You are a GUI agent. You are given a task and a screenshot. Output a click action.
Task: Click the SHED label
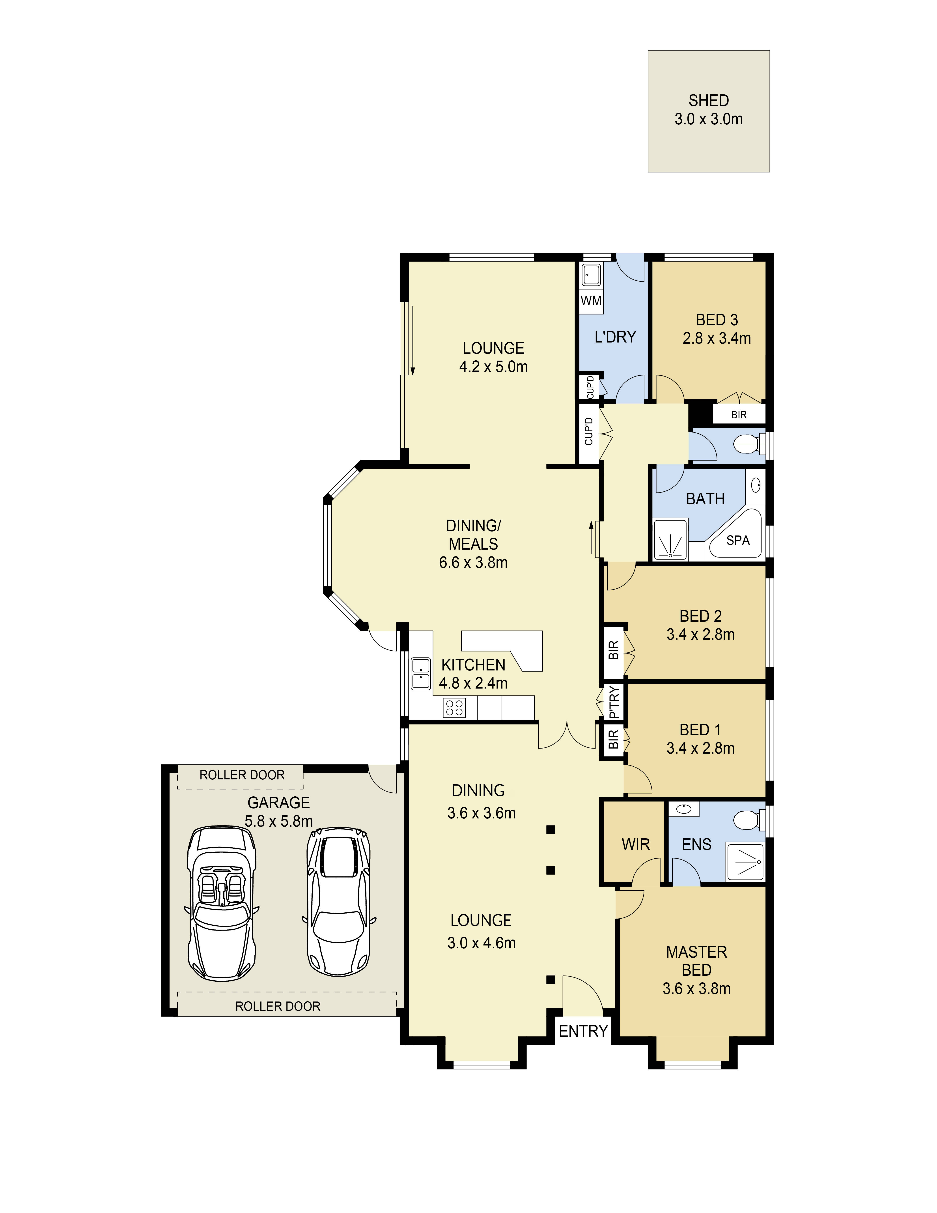[x=708, y=101]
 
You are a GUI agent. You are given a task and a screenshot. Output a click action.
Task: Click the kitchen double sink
[x=421, y=674]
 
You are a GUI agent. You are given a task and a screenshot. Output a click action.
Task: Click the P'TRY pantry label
[x=613, y=702]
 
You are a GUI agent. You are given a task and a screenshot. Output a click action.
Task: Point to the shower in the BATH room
[x=670, y=539]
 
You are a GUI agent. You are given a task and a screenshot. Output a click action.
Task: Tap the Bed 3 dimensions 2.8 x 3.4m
[x=717, y=338]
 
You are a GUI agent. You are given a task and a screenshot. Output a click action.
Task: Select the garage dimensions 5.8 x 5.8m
[x=279, y=821]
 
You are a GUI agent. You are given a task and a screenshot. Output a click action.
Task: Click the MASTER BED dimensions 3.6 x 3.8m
[x=697, y=989]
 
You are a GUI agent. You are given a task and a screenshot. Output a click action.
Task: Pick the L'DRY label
[x=615, y=337]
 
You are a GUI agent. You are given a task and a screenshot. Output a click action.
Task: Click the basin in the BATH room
[x=756, y=485]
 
